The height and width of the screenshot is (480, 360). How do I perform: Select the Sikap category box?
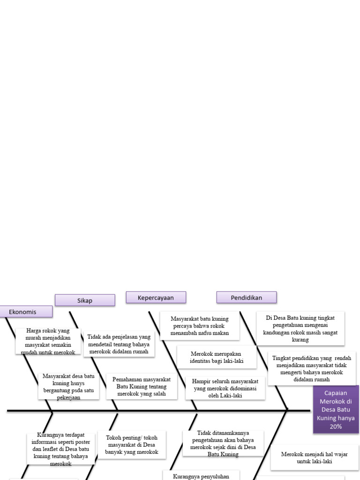pyautogui.click(x=85, y=300)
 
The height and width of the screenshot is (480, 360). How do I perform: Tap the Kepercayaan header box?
pyautogui.click(x=156, y=298)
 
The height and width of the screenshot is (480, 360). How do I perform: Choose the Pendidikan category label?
pyautogui.click(x=246, y=298)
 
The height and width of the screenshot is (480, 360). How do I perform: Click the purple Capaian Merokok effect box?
pyautogui.click(x=336, y=409)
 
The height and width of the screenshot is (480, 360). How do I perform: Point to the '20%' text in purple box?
pyautogui.click(x=336, y=427)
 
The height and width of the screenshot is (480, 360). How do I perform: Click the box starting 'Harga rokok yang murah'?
pyautogui.click(x=48, y=341)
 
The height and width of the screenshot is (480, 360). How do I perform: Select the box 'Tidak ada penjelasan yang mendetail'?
pyautogui.click(x=119, y=344)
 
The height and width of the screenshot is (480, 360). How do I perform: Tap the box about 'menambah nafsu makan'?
pyautogui.click(x=200, y=326)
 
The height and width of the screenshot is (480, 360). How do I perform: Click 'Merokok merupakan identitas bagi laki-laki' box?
pyautogui.click(x=217, y=357)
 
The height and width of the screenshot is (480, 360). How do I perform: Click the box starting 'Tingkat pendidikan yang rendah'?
pyautogui.click(x=312, y=368)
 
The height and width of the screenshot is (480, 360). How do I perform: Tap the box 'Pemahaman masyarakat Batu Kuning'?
pyautogui.click(x=142, y=386)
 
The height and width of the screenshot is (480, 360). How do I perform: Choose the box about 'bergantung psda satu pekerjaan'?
pyautogui.click(x=68, y=386)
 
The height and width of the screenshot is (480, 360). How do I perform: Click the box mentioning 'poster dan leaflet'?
pyautogui.click(x=61, y=449)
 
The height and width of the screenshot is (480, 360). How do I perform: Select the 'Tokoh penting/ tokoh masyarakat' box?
pyautogui.click(x=132, y=444)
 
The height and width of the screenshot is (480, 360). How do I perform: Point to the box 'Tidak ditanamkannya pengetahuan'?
pyautogui.click(x=223, y=443)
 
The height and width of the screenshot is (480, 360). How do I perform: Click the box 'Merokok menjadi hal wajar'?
pyautogui.click(x=307, y=457)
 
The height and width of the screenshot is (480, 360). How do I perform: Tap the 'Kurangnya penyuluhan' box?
pyautogui.click(x=201, y=475)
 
